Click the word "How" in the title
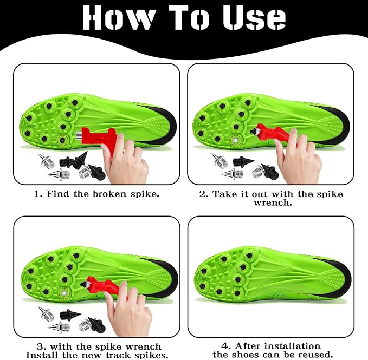point(119,17)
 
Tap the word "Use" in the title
point(254,17)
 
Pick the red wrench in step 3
point(105,285)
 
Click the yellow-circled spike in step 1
point(62,140)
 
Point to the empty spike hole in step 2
point(235,140)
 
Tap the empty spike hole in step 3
point(63,293)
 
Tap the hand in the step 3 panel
point(128,309)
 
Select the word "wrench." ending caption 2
point(273,202)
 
